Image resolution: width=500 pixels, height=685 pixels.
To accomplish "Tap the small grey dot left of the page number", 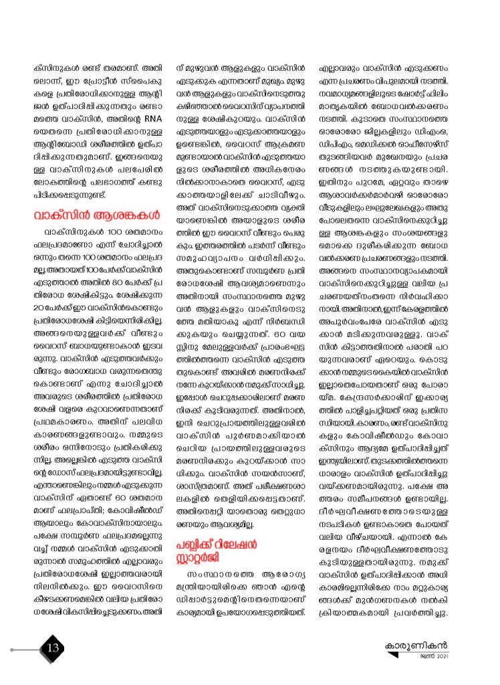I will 13,649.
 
